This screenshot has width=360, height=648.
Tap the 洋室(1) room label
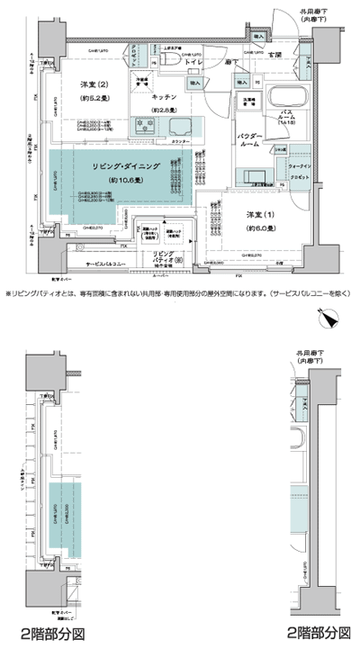tap(261, 215)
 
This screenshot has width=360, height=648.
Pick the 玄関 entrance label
tap(274, 56)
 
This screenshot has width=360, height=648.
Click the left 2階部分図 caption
tap(53, 631)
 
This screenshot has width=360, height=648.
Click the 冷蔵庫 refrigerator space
tap(141, 83)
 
